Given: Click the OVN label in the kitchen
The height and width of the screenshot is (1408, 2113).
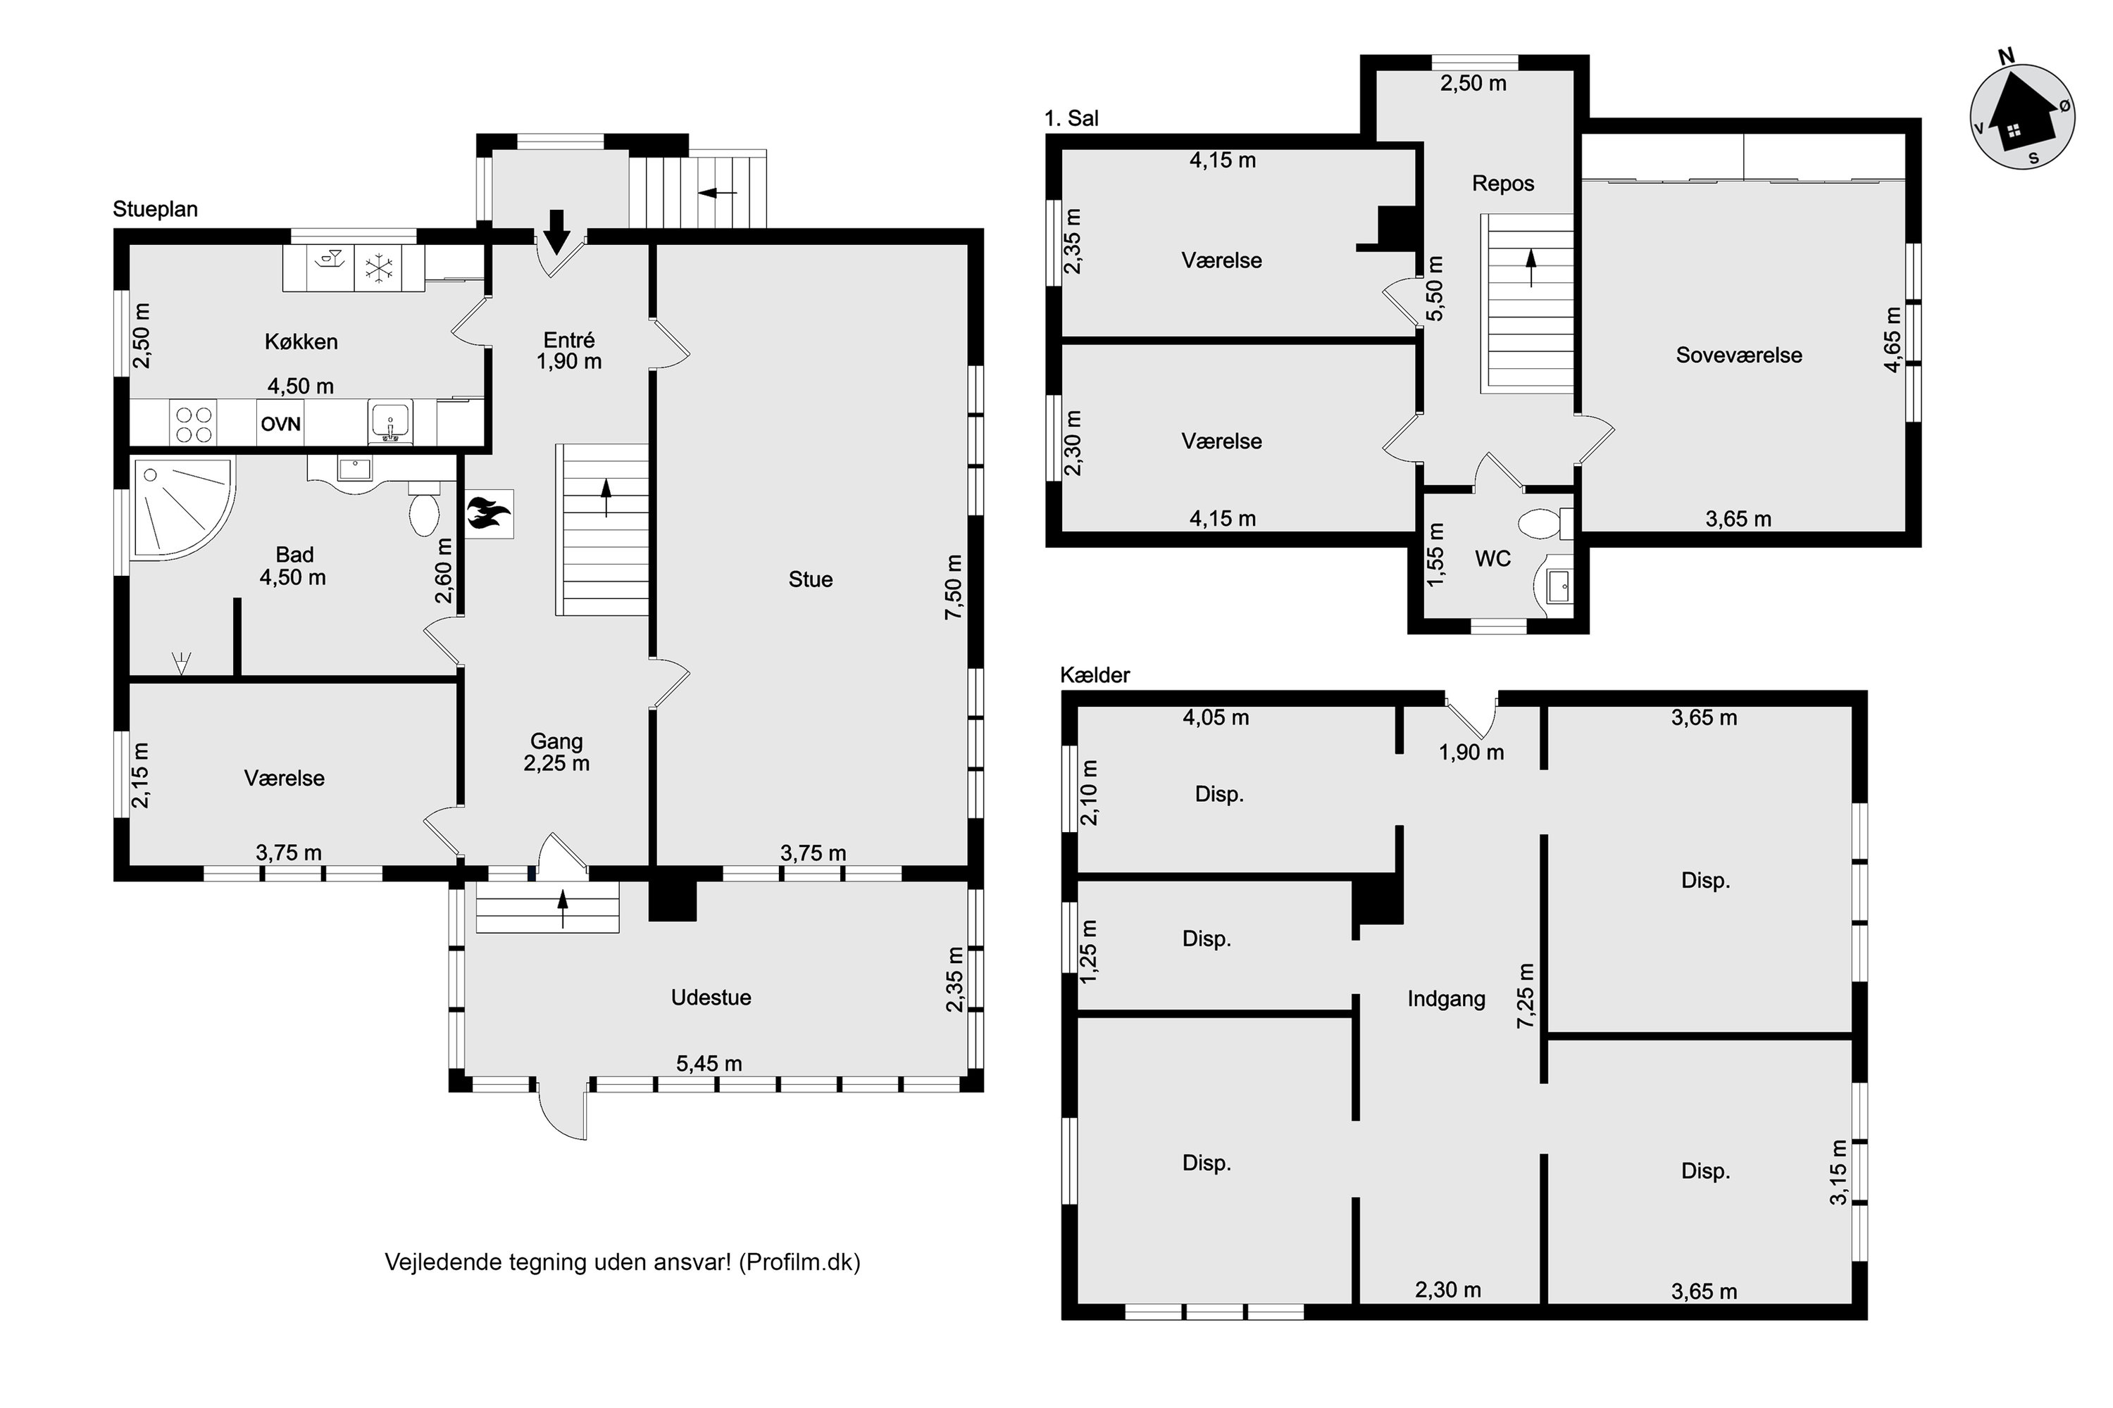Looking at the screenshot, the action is click(280, 424).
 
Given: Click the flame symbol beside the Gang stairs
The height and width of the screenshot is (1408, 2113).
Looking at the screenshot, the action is click(490, 514).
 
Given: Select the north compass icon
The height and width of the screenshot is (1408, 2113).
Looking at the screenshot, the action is click(2022, 117).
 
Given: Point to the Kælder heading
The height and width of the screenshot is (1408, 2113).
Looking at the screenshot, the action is click(1095, 675).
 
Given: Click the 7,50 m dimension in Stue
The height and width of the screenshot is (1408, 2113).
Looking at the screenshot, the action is click(953, 586).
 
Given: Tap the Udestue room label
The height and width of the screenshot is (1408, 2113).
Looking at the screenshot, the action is click(711, 998).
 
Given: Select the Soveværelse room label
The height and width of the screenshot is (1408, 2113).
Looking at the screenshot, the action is click(1739, 355).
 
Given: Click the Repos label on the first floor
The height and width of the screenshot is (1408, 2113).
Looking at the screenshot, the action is click(1503, 183).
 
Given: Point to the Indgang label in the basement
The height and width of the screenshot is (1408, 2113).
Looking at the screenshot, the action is click(1447, 998).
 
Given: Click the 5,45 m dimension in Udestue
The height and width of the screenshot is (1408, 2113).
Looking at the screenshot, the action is click(709, 1064).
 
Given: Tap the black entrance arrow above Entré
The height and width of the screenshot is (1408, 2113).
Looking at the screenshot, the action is click(557, 232).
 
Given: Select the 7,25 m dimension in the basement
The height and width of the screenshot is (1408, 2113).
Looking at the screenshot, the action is click(1526, 997).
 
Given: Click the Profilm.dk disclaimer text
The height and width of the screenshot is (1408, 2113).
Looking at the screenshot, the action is click(623, 1262).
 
